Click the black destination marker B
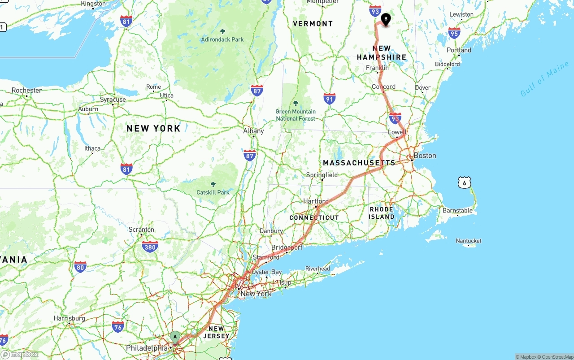(386, 19)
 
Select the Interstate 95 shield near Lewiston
(454, 33)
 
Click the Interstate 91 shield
(330, 99)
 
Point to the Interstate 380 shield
(150, 247)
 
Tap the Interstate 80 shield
(80, 267)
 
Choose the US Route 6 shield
(465, 182)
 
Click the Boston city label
(425, 156)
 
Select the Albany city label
(253, 131)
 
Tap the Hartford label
(316, 201)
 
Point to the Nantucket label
(469, 241)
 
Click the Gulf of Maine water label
(544, 79)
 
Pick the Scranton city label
(141, 230)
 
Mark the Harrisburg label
(70, 318)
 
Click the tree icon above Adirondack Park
(223, 31)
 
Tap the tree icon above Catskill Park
(213, 184)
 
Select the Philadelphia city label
(147, 348)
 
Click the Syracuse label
(113, 100)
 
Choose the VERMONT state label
(313, 24)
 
